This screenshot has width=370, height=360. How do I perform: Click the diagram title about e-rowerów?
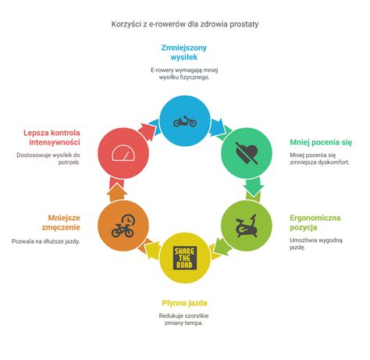tap(185, 24)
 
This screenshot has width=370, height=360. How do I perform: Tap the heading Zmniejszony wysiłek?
tap(184, 52)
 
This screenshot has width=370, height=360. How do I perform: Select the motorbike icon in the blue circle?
tap(185, 122)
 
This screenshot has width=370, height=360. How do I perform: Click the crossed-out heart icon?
tap(247, 153)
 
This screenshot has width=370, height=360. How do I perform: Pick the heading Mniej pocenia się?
tap(321, 142)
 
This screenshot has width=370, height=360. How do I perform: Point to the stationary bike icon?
tap(247, 226)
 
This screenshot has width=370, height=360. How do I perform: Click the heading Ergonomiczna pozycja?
tap(315, 223)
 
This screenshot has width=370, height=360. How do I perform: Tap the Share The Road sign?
tap(185, 258)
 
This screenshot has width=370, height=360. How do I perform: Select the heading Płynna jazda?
tap(184, 303)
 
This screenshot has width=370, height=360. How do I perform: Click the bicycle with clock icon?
tap(123, 226)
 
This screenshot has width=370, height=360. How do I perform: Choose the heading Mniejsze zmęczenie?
tap(61, 223)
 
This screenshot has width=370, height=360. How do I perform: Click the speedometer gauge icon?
tap(123, 153)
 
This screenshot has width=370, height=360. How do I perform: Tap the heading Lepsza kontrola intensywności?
tap(52, 137)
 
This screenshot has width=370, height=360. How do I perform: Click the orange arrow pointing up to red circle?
tap(117, 193)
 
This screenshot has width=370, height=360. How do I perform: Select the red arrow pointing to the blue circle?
tap(147, 130)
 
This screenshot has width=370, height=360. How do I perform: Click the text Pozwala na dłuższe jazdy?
tap(46, 241)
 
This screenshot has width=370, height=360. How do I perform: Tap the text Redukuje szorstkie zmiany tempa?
tap(183, 319)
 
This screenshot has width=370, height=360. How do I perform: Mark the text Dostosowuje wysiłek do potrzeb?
tap(48, 159)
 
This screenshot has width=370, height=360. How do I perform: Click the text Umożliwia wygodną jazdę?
tap(316, 244)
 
